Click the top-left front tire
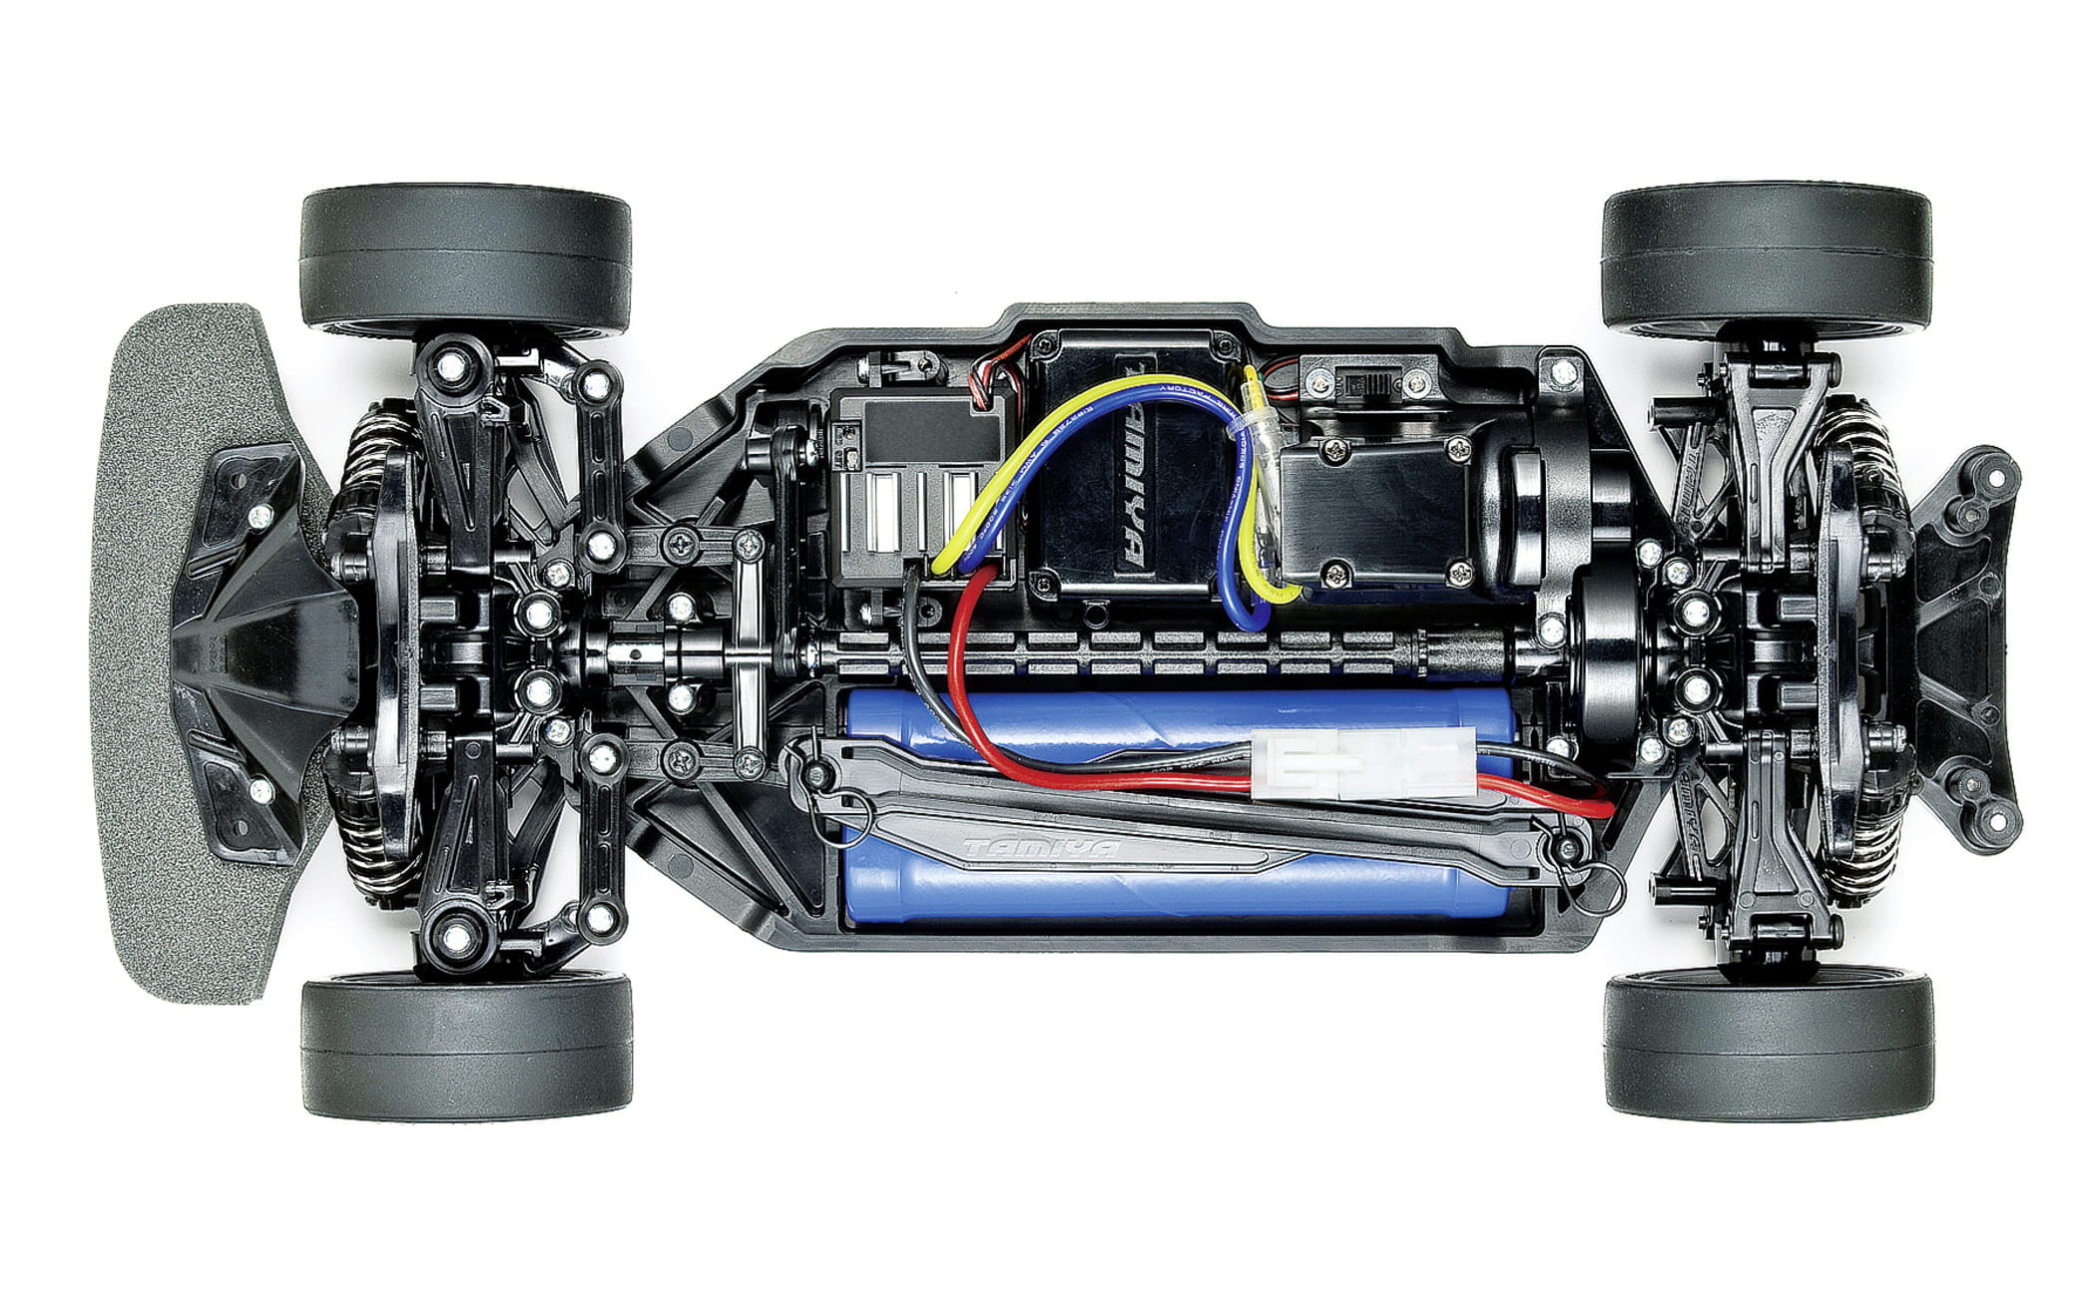[x=466, y=256]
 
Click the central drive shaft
[x=1148, y=653]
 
